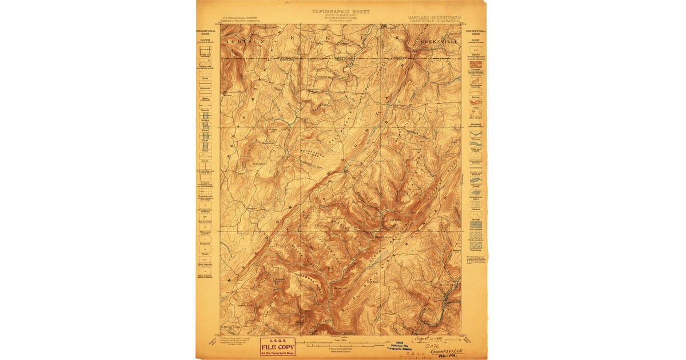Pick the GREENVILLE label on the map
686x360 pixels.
click(438, 42)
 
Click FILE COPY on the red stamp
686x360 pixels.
click(278, 346)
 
